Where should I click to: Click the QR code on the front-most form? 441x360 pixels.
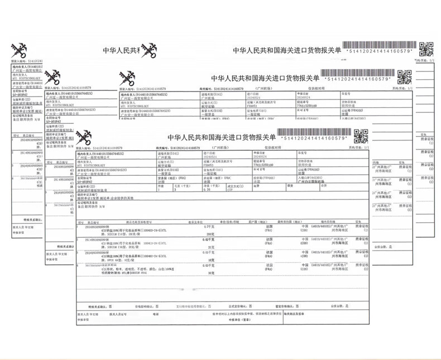pyautogui.click(x=361, y=135)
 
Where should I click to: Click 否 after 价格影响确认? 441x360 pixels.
pyautogui.click(x=157, y=306)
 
